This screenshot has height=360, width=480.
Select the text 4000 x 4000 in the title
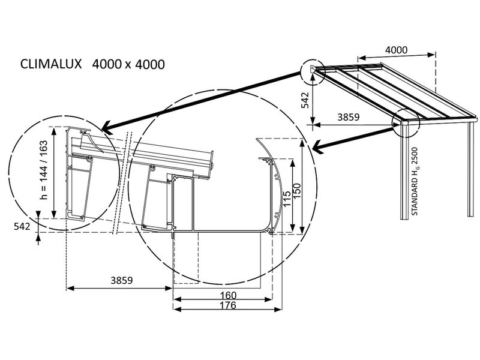128,64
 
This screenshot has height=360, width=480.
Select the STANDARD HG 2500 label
415,182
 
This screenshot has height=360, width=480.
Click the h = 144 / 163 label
44,170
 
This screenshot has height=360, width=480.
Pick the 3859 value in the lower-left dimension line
122,280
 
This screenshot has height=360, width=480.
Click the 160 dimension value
226,295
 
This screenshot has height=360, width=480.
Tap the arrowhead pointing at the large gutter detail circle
314,145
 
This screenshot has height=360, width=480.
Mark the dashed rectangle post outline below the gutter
217,258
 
